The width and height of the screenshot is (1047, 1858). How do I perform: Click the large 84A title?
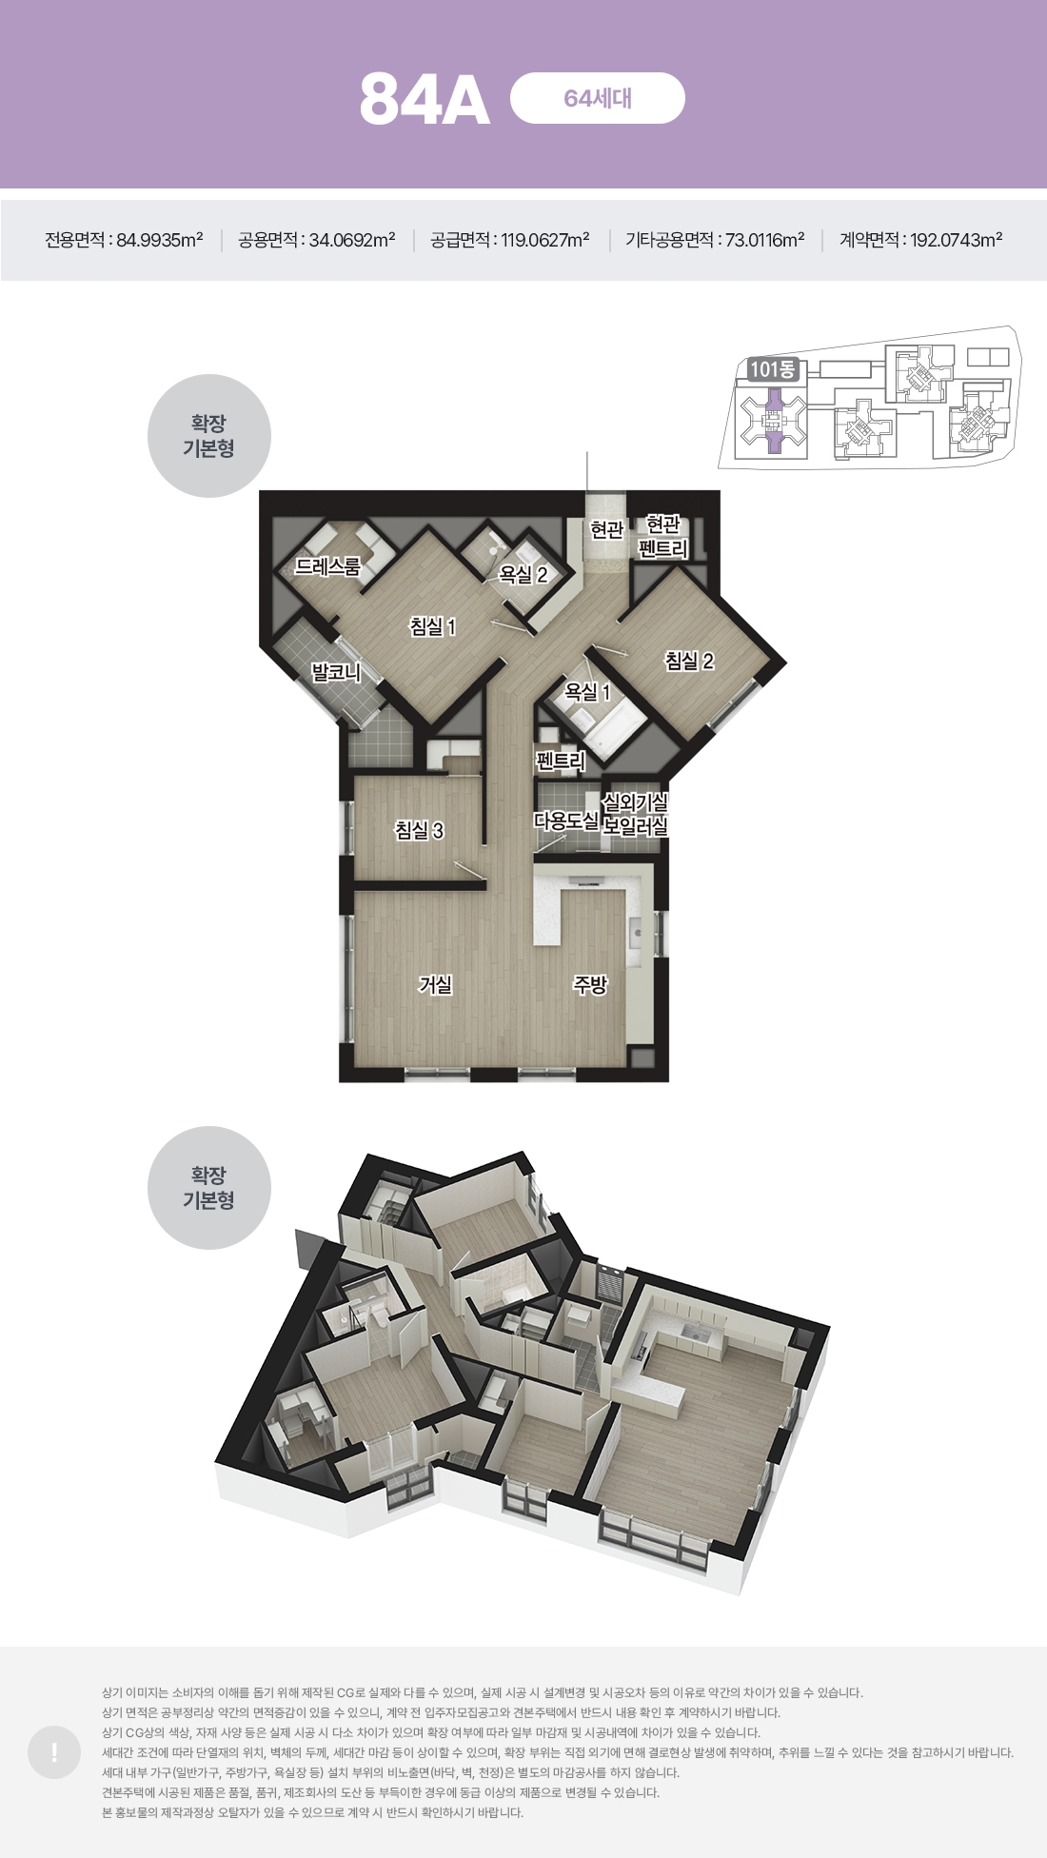click(425, 100)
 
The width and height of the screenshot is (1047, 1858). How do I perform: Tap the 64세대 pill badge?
click(598, 98)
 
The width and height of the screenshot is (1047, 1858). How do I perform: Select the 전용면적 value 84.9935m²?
click(160, 240)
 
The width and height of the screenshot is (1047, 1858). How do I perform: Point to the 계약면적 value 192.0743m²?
click(956, 240)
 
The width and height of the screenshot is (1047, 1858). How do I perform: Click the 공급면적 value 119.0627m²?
click(545, 240)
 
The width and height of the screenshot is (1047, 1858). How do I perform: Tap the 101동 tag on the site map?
click(772, 369)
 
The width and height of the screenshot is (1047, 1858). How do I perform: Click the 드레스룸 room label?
click(327, 566)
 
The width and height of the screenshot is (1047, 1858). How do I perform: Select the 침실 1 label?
click(433, 626)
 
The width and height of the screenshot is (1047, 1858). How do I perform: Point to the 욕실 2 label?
click(523, 575)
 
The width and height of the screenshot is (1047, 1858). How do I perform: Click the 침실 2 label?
click(689, 661)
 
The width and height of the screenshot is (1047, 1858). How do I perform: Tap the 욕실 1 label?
click(587, 692)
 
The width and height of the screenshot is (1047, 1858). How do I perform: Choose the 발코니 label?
click(337, 673)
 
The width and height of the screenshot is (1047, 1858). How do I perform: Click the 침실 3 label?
click(419, 830)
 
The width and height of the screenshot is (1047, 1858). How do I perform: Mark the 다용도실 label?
click(566, 820)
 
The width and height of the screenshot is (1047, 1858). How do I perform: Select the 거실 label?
click(435, 984)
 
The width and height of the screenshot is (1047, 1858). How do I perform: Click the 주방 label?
click(590, 984)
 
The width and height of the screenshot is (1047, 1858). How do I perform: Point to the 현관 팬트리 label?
click(663, 537)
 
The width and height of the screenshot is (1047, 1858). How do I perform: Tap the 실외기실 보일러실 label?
click(635, 815)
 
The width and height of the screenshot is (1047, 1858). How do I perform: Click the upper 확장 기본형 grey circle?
click(209, 436)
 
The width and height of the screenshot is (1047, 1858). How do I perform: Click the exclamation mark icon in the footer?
click(54, 1751)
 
